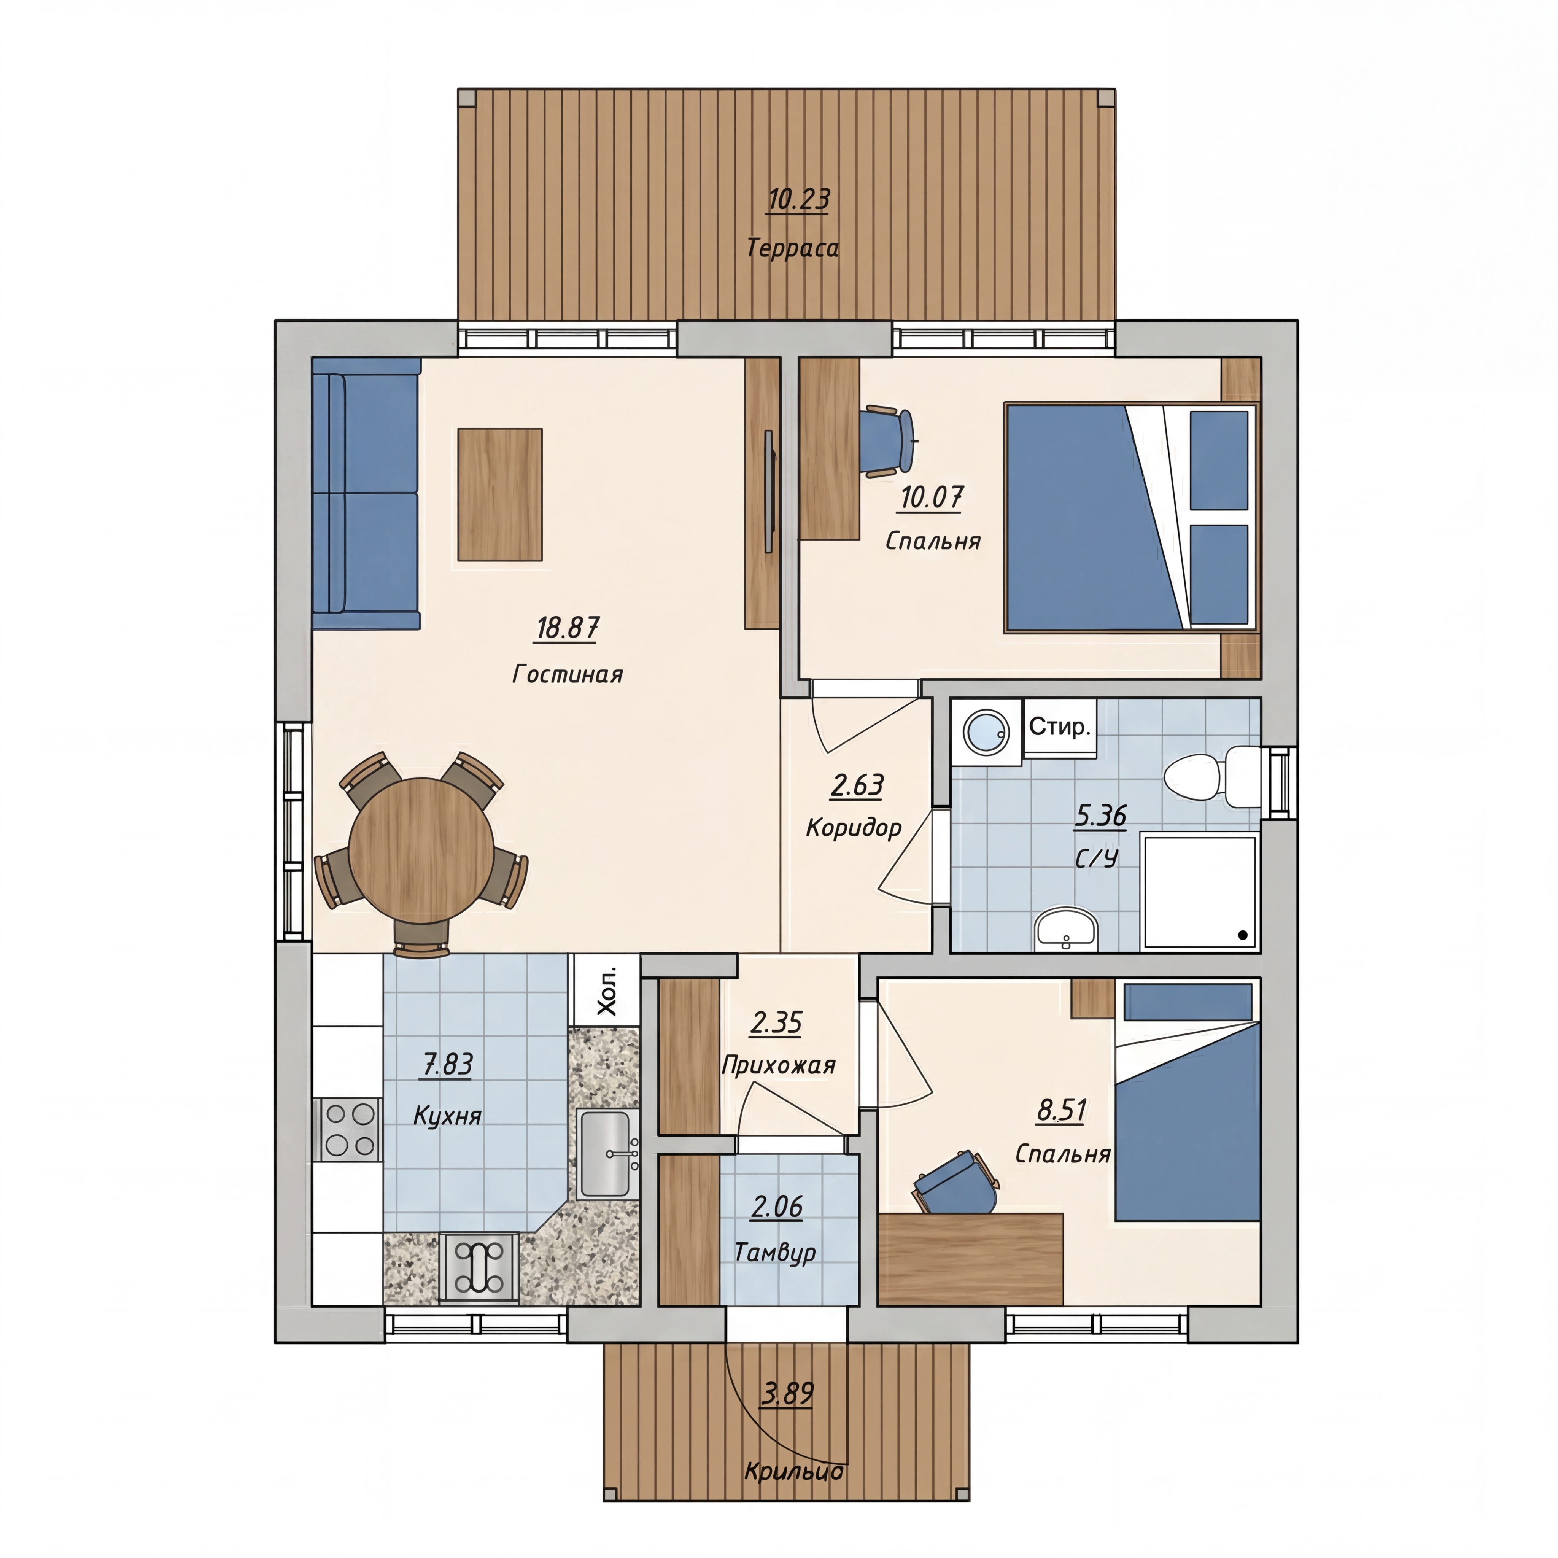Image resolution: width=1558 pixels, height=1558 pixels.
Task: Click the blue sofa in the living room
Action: (x=366, y=493)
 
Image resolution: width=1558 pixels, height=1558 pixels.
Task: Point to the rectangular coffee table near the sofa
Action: (x=500, y=494)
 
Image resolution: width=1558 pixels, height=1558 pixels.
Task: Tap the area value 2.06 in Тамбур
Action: (x=777, y=1207)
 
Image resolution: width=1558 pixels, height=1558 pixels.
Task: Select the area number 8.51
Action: (x=1061, y=1110)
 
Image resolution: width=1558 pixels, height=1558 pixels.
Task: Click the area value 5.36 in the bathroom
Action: (x=1101, y=816)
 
